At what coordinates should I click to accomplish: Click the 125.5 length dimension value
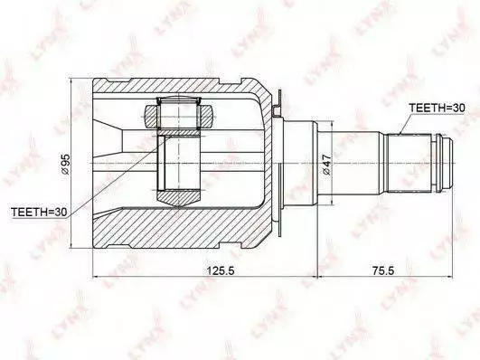point(221,270)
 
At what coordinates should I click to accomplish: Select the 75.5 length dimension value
point(384,270)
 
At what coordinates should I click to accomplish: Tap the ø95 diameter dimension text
point(65,164)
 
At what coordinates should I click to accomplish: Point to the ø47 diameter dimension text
point(326,165)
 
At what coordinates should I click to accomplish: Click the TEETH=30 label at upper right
point(437,108)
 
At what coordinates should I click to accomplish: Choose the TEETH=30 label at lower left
point(39,212)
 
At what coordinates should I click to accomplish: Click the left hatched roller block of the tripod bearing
point(151,117)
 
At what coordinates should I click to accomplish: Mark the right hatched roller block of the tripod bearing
point(206,117)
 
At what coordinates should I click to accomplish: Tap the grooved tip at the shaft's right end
point(443,164)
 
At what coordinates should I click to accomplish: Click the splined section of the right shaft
point(409,164)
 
